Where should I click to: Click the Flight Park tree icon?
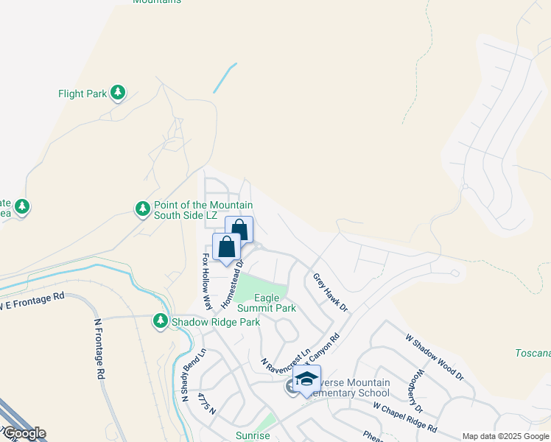(117, 93)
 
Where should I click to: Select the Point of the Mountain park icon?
(142, 209)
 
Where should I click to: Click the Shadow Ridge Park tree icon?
(160, 321)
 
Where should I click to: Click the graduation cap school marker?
(306, 380)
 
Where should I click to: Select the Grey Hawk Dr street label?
(329, 292)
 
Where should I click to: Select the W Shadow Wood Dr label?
(435, 357)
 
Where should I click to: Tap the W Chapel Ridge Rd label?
(404, 417)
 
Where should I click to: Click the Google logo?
(24, 433)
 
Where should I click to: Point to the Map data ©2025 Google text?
(505, 436)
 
